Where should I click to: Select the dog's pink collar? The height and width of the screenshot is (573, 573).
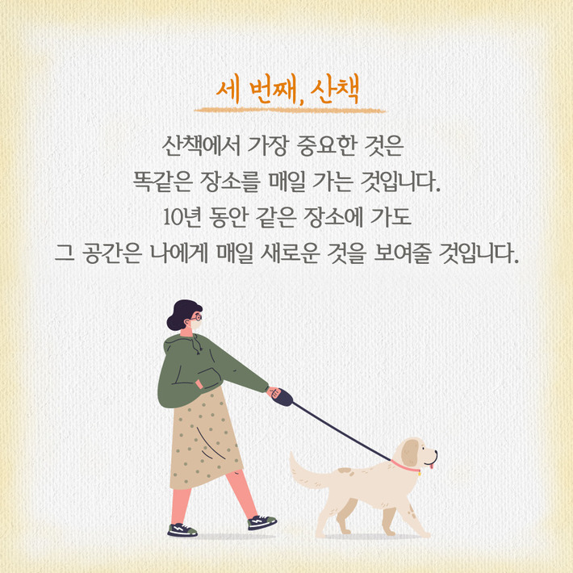tap(407, 466)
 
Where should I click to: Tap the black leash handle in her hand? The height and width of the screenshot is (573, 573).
tap(282, 396)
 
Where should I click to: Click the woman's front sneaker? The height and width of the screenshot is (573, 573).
tap(262, 522)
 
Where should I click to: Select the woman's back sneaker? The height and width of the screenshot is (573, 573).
tap(182, 529)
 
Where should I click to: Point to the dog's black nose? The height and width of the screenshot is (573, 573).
tap(437, 453)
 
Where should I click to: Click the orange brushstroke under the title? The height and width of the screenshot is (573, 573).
tap(290, 110)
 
